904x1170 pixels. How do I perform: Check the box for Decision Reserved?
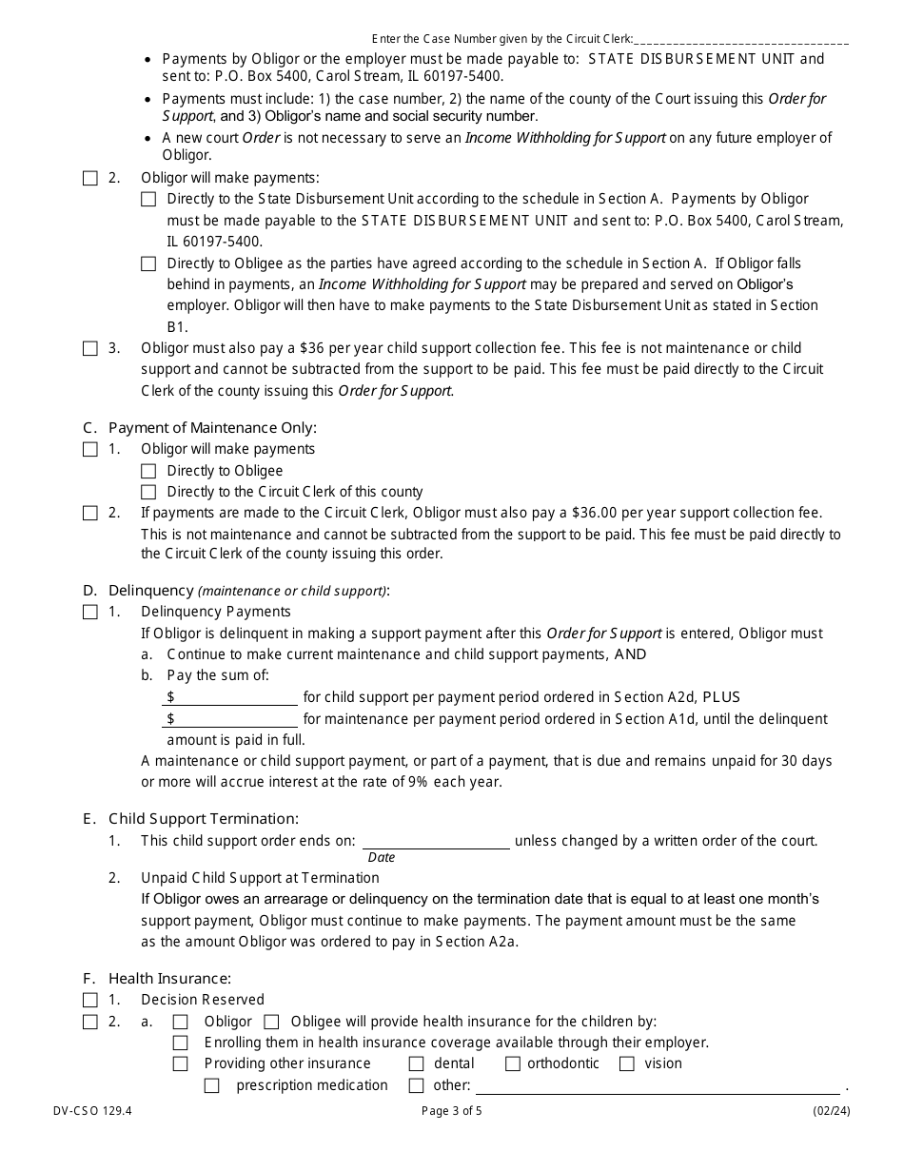[89, 1000]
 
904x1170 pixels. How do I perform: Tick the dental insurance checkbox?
[416, 1063]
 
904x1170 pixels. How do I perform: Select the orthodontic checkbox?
[512, 1063]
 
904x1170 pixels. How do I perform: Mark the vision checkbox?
[627, 1063]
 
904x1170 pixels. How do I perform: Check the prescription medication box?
[212, 1085]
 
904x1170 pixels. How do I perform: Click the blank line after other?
[658, 1085]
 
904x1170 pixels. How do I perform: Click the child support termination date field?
[436, 840]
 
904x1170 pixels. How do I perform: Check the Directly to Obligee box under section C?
[148, 471]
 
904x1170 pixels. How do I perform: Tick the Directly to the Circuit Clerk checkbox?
[148, 492]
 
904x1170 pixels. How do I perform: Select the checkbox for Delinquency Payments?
[89, 612]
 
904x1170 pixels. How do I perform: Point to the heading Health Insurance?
[169, 978]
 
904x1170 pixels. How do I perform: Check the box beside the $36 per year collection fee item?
[89, 348]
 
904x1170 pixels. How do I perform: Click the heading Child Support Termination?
[203, 818]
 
